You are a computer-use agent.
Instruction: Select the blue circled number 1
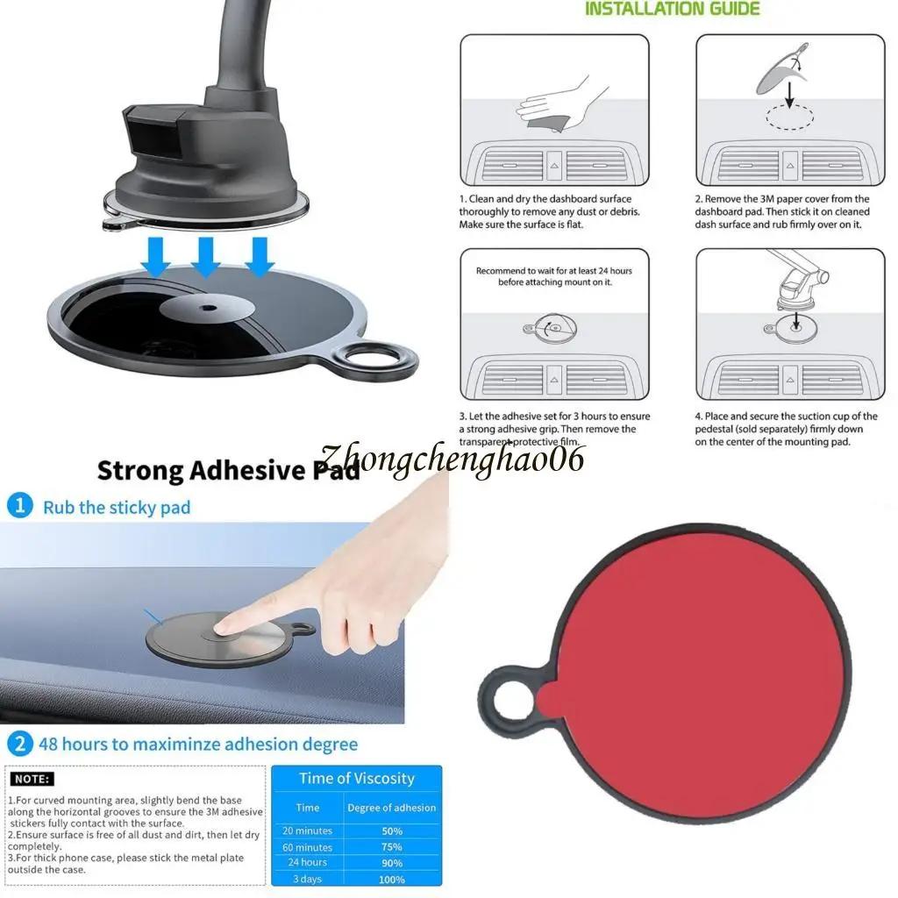(x=19, y=506)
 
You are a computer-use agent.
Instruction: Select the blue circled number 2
(x=19, y=745)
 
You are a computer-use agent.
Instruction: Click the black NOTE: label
(x=32, y=779)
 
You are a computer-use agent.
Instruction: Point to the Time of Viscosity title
(x=356, y=779)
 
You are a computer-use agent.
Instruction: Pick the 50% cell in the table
(x=391, y=830)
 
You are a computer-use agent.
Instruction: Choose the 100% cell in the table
(x=391, y=880)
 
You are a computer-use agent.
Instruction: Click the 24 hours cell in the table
(x=308, y=863)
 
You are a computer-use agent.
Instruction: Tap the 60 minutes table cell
(x=308, y=847)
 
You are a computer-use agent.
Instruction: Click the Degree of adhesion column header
(x=391, y=808)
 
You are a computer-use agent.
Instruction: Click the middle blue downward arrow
(x=206, y=255)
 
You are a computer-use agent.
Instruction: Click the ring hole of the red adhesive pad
(x=510, y=702)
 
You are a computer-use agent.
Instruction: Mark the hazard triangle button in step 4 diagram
(x=790, y=379)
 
